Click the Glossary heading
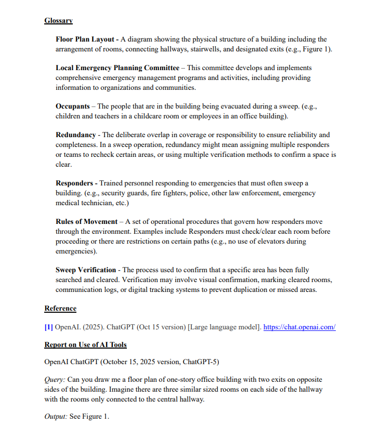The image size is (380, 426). tap(58, 21)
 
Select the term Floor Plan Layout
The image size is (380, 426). tap(85, 39)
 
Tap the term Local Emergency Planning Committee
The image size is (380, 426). tap(117, 68)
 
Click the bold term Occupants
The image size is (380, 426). tap(72, 106)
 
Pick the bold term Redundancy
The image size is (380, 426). tap(75, 135)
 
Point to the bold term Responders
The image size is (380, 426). tap(74, 183)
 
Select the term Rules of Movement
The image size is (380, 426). tap(86, 222)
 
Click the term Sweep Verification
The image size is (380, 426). tap(86, 270)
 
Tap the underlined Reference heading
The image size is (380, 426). tap(60, 309)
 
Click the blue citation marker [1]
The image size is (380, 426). tap(49, 327)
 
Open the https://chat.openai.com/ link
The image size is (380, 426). tap(299, 327)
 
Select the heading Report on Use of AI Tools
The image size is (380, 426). tap(85, 344)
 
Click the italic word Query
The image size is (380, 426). tap(55, 379)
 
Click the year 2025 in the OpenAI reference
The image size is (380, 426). tap(93, 327)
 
